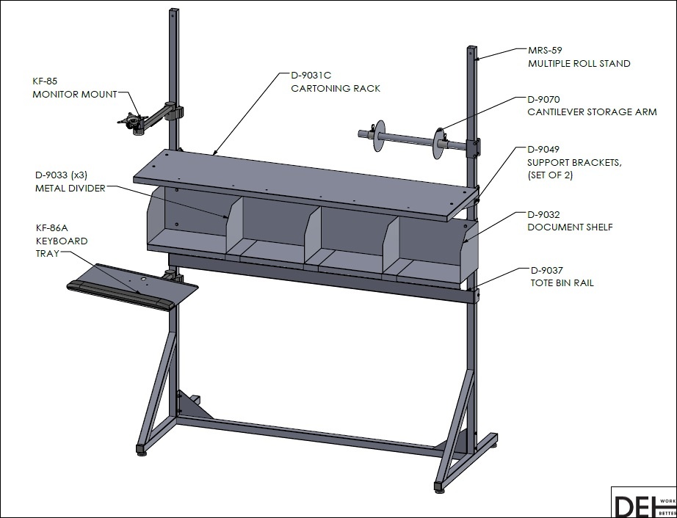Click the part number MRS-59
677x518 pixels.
[545, 51]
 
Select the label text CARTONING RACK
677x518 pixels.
[336, 89]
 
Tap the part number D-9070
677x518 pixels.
[543, 100]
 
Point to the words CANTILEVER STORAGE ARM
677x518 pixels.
[592, 112]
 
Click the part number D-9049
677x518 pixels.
[543, 149]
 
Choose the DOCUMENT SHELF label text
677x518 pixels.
[570, 227]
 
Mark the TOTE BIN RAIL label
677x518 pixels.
[562, 283]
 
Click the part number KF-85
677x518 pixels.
[45, 81]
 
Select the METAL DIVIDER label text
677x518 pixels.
[70, 189]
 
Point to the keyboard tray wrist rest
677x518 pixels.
[121, 296]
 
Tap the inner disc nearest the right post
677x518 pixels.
[438, 143]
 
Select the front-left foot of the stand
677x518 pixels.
[141, 450]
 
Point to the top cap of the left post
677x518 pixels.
[173, 10]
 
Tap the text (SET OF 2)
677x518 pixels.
[550, 175]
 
